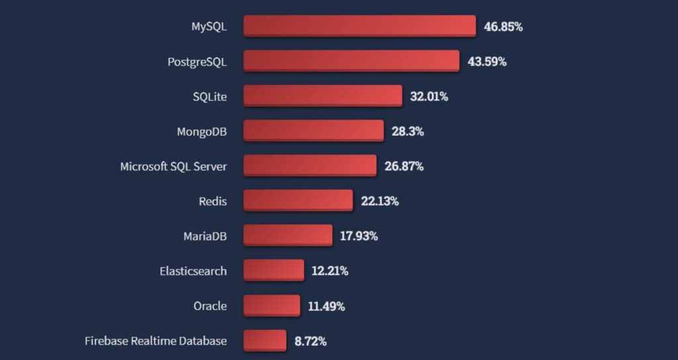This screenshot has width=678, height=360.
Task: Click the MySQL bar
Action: point(360,26)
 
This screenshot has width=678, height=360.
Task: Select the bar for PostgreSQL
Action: point(352,62)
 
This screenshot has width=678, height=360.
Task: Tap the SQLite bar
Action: point(322,96)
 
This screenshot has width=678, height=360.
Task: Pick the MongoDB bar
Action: point(313,131)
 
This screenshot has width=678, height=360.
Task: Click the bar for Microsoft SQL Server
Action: point(310,166)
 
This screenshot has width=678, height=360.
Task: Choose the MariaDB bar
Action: point(288,236)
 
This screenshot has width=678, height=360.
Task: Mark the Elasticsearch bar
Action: point(273,271)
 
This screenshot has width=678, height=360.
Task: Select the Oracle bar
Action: point(271,306)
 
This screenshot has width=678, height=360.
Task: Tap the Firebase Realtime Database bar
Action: point(265,341)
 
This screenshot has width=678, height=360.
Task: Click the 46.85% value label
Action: point(503,27)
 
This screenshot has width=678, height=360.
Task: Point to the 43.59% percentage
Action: point(487,62)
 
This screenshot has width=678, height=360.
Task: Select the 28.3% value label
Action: point(408,131)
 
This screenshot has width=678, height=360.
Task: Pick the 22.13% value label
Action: point(380,201)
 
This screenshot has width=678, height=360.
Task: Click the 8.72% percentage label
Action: point(311,341)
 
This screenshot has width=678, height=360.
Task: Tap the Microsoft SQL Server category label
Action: point(173,166)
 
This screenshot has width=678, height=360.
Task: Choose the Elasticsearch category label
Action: point(193,271)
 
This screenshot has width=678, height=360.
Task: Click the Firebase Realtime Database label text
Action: point(156,341)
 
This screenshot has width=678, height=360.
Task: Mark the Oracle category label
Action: point(210,306)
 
